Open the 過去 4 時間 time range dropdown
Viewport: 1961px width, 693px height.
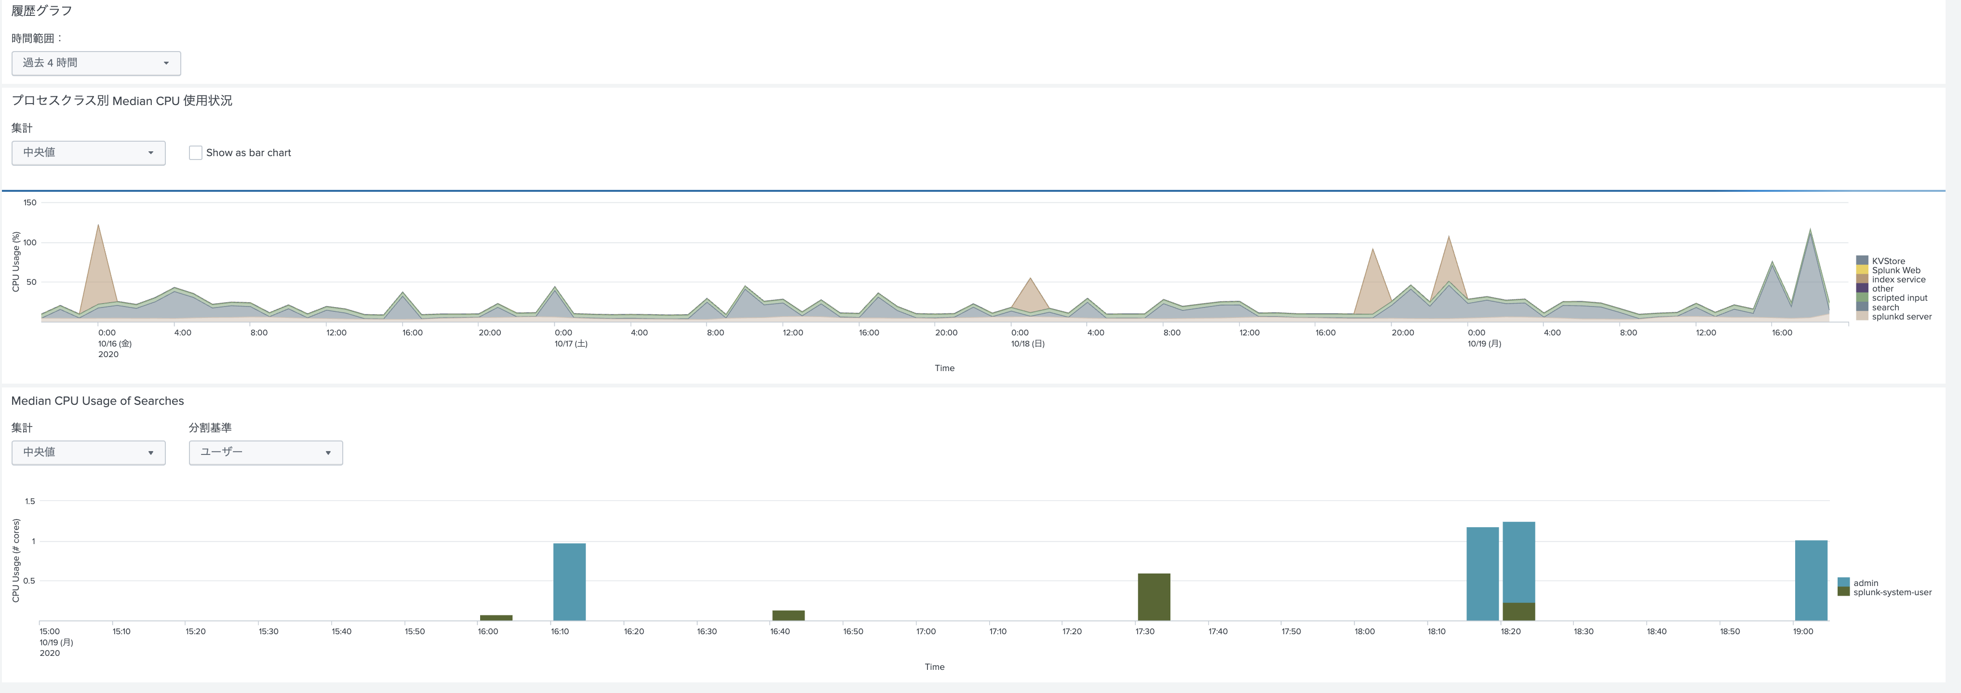click(x=96, y=63)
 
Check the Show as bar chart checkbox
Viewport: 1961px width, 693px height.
click(x=196, y=153)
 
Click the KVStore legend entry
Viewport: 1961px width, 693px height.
click(x=1888, y=261)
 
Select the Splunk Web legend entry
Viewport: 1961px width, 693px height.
click(x=1895, y=270)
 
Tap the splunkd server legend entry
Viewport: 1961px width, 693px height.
click(x=1901, y=317)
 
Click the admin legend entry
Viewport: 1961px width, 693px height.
click(x=1865, y=583)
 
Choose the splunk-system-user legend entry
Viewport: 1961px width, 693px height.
click(x=1892, y=592)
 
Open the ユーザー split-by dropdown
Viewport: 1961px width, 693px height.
click(x=266, y=453)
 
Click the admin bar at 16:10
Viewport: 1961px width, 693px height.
click(x=569, y=582)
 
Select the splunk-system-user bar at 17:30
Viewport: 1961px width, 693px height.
click(x=1154, y=597)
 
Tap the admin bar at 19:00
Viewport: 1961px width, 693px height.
click(x=1811, y=580)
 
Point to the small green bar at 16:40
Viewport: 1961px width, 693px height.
click(x=789, y=615)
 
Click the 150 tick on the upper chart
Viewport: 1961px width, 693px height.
click(x=30, y=202)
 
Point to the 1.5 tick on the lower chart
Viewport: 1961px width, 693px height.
click(x=30, y=501)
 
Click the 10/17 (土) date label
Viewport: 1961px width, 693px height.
click(x=571, y=344)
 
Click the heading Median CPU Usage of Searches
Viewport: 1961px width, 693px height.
click(x=97, y=401)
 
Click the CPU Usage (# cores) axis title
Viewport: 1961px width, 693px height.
click(x=16, y=560)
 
